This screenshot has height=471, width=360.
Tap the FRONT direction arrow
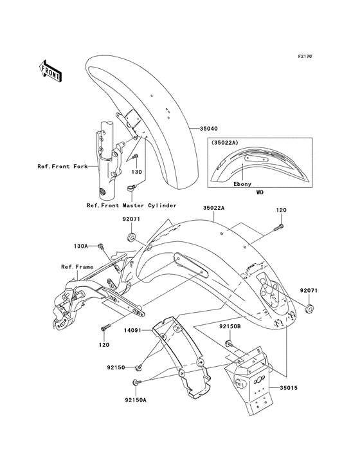tap(51, 70)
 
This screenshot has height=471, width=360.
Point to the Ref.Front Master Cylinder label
tap(132, 205)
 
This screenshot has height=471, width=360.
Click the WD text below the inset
tap(259, 192)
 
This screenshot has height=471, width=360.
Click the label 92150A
tap(136, 399)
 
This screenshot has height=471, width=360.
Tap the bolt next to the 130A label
tap(101, 246)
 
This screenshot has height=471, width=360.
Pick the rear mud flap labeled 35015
tap(257, 386)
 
